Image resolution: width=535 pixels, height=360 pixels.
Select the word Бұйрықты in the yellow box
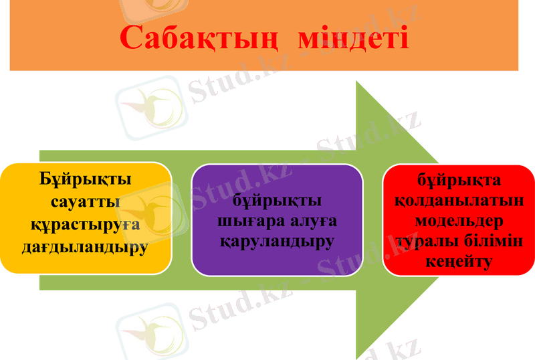[x=85, y=180]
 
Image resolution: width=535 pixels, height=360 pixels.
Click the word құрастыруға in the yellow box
[x=85, y=224]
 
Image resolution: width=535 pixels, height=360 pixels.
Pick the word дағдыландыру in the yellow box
[x=85, y=247]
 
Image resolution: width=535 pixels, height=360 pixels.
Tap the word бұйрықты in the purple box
[x=277, y=200]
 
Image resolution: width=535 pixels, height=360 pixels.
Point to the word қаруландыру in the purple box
[x=277, y=242]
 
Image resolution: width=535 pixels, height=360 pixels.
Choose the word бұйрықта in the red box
[x=459, y=181]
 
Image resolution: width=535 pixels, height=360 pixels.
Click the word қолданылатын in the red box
[x=459, y=201]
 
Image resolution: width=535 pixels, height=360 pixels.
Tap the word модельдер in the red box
[x=459, y=221]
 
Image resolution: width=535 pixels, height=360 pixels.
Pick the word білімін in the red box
[x=492, y=242]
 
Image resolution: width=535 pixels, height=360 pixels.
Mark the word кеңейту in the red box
[x=459, y=262]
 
